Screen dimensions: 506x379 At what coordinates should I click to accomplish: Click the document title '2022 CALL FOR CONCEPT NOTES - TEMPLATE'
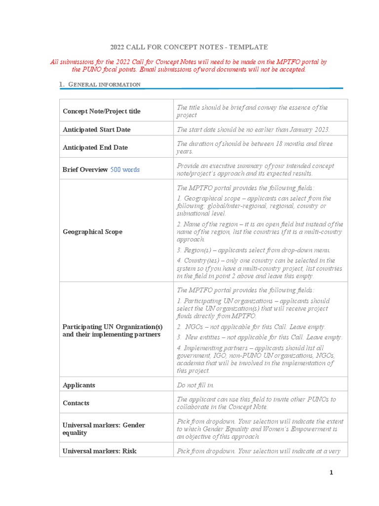pos(189,47)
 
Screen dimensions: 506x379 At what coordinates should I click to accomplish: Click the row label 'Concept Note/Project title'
pos(101,111)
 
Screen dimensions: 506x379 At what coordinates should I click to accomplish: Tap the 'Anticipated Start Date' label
pos(96,129)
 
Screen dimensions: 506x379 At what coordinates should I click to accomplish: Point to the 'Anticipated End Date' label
pos(95,147)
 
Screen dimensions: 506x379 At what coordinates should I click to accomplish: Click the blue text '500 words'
pos(124,169)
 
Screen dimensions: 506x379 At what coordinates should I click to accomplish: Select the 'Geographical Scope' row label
pos(92,232)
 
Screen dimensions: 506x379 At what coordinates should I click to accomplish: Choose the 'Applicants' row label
pos(79,385)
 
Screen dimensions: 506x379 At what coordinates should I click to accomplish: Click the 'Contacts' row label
pos(76,403)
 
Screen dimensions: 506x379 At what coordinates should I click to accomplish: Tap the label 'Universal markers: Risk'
pos(99,451)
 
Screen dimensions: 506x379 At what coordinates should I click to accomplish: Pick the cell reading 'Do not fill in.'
pos(196,385)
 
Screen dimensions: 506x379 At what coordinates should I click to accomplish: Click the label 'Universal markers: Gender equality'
pos(104,429)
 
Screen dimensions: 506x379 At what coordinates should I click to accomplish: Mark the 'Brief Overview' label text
pos(85,169)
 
